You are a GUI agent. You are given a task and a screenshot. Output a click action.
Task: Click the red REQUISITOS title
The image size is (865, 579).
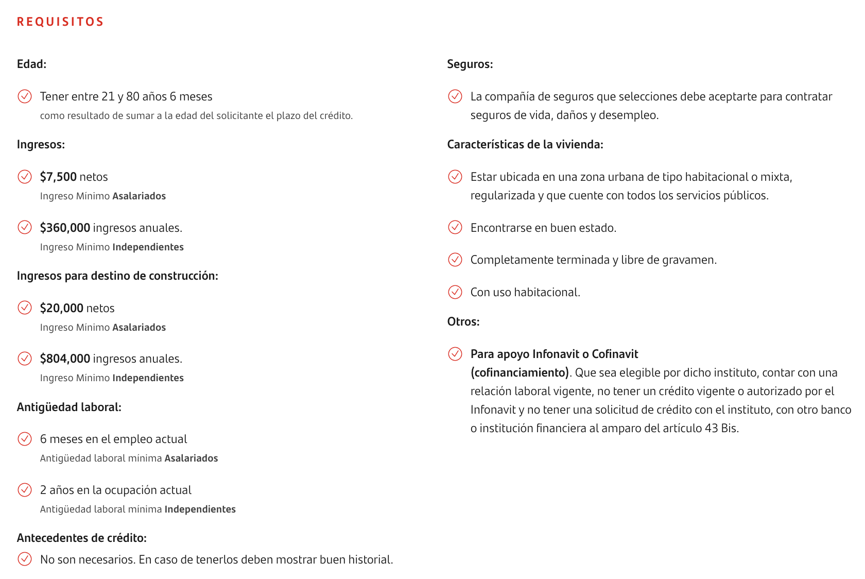click(60, 22)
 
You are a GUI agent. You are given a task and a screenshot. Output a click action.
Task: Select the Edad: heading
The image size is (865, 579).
click(31, 64)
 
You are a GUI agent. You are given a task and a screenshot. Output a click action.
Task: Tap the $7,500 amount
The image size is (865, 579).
click(58, 177)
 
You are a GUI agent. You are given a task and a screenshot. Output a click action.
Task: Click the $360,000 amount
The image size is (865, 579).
click(65, 228)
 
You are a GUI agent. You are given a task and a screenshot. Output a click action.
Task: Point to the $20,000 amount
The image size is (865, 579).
click(61, 308)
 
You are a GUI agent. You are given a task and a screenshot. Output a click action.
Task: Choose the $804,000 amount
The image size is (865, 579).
click(65, 359)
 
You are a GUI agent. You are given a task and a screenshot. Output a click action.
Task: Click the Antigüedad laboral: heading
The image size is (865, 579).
click(69, 407)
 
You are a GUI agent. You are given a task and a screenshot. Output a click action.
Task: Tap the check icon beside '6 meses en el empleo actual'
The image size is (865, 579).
click(25, 439)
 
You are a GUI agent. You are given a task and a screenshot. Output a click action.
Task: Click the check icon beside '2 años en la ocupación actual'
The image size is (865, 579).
click(25, 490)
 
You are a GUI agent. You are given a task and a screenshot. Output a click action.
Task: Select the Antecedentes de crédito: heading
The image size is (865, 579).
click(81, 538)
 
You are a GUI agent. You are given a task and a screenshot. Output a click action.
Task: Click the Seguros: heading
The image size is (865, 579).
click(470, 64)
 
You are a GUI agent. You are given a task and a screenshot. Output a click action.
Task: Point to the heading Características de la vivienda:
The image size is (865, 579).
click(525, 144)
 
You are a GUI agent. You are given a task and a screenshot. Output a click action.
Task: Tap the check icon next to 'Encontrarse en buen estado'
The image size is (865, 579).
click(455, 228)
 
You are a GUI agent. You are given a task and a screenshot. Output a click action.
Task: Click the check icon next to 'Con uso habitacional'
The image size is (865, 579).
click(455, 292)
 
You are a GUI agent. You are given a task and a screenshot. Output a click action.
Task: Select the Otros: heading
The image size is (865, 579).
click(463, 321)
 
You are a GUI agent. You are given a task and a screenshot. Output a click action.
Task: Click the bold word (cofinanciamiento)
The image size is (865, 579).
click(520, 372)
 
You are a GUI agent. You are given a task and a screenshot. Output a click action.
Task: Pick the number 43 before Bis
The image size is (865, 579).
click(711, 428)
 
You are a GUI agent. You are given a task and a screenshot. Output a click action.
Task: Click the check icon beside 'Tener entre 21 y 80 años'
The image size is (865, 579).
click(25, 96)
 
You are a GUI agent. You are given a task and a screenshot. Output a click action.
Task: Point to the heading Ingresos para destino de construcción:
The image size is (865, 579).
click(117, 276)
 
